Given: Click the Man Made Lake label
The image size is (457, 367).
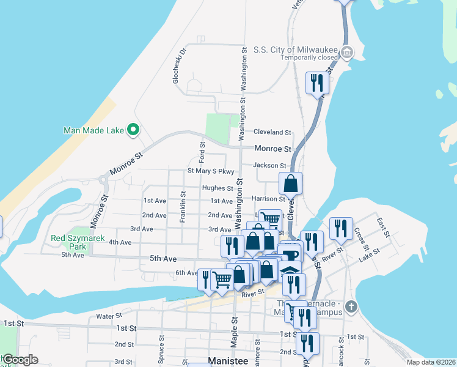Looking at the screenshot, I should click(x=93, y=130).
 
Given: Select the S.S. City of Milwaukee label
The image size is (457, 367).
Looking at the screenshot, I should click(x=296, y=50).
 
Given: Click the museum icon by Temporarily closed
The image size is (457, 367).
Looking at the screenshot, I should click(x=346, y=53).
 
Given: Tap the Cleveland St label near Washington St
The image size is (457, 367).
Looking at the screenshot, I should click(x=272, y=132).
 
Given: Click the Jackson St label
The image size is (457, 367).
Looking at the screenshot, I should click(x=269, y=166).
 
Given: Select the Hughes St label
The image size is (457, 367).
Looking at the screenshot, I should click(x=218, y=188).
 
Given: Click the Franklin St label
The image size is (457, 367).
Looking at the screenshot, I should click(x=183, y=206).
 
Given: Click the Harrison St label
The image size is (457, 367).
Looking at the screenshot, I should click(x=268, y=199).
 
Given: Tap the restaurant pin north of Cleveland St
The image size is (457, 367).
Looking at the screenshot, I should click(x=317, y=83).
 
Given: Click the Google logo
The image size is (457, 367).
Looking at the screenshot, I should click(x=20, y=360).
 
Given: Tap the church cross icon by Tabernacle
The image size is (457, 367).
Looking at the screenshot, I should click(x=351, y=306).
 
